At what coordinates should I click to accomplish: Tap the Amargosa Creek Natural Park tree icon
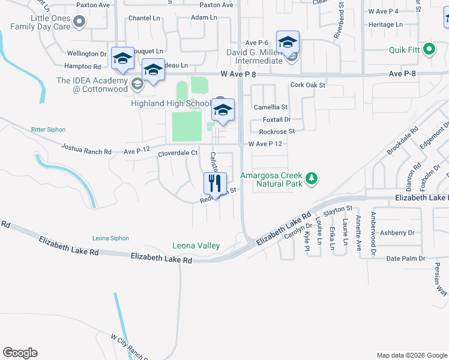tap(311, 178)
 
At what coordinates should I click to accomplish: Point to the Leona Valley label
tap(196, 245)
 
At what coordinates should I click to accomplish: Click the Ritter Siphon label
tap(48, 130)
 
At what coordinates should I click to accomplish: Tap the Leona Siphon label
tap(110, 238)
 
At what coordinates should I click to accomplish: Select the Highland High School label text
tap(170, 103)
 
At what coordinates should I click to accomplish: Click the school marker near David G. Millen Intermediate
tap(288, 43)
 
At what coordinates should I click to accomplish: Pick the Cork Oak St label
tap(307, 85)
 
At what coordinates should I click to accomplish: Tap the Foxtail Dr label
tap(276, 119)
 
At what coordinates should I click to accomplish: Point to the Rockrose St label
tap(277, 131)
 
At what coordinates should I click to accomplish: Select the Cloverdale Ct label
tap(178, 153)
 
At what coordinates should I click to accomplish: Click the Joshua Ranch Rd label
tap(86, 149)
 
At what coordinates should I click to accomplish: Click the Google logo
tap(20, 353)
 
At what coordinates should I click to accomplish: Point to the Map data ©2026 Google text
tap(411, 355)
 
